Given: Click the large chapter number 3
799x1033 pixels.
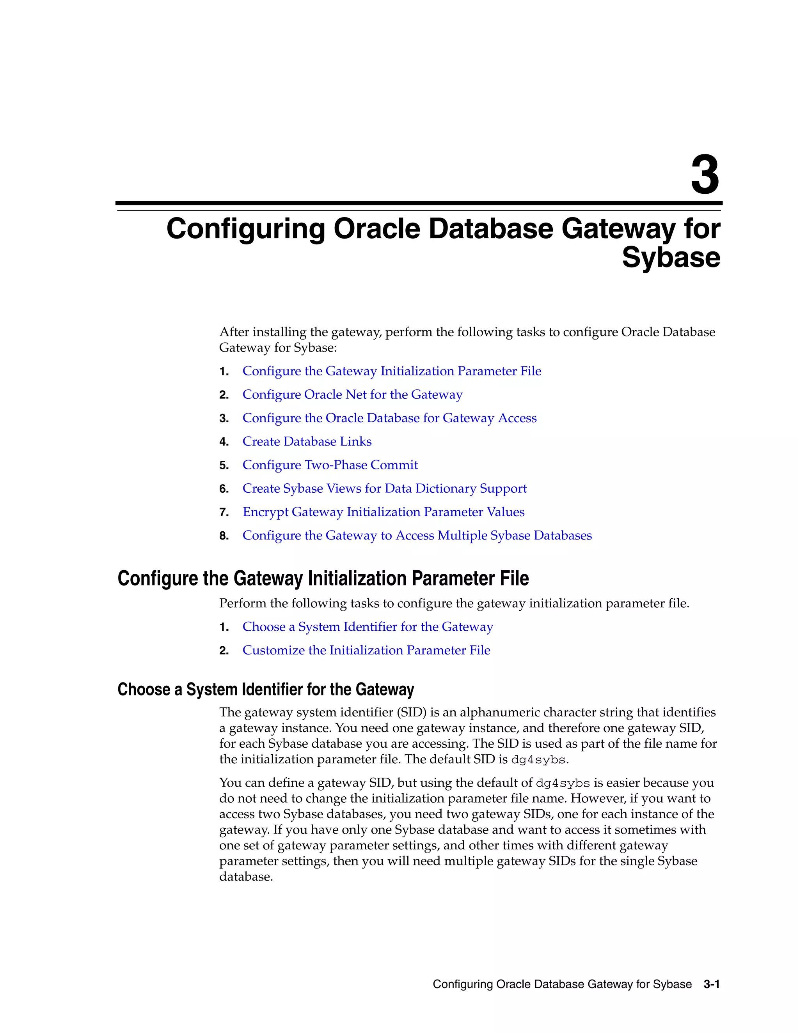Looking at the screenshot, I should point(705,175).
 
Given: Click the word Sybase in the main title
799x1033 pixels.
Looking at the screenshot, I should point(671,258).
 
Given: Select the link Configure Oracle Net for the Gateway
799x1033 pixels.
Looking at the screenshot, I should point(352,394).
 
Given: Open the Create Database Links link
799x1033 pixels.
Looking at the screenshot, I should point(307,441).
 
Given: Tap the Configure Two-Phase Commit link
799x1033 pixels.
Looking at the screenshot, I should point(330,465).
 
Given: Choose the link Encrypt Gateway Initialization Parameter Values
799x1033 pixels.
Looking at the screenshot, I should point(384,512).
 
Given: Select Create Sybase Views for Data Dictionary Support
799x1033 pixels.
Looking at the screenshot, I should point(384,488).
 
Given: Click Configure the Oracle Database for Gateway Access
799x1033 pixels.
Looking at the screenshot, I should point(389,418).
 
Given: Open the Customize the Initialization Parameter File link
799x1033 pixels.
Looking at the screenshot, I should point(366,650).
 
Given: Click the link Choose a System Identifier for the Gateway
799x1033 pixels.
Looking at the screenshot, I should point(367,627).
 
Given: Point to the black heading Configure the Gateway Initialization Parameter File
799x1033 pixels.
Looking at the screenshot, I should point(323,578).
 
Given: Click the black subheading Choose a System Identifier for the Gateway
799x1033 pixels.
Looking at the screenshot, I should point(266,690).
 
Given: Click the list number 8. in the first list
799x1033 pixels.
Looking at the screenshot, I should point(224,536).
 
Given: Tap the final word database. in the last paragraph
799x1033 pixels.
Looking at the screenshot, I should point(246,877).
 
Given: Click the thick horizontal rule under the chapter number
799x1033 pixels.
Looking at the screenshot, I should point(419,203).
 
